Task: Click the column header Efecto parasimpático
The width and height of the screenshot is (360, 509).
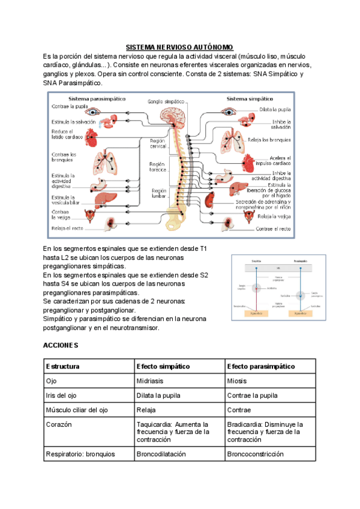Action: [x=261, y=366]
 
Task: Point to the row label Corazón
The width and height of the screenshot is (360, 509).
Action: [x=59, y=424]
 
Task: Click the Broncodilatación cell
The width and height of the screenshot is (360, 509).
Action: [x=161, y=454]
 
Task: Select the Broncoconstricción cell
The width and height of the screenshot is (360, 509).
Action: [x=255, y=454]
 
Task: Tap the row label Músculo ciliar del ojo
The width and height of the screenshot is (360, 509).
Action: [x=77, y=410]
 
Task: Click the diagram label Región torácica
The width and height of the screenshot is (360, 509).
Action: [x=157, y=167]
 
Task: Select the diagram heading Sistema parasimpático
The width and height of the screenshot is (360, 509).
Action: [x=92, y=98]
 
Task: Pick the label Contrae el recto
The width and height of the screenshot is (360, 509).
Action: [x=273, y=229]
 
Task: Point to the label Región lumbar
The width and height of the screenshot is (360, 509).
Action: [x=157, y=193]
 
